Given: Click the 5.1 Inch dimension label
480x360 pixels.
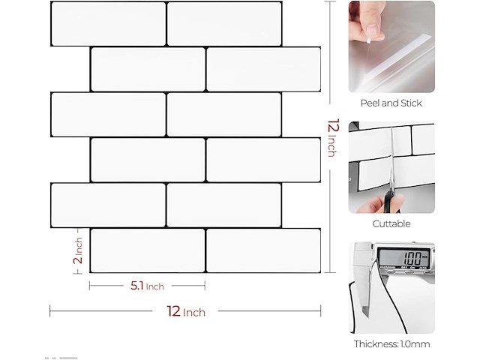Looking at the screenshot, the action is (147, 286).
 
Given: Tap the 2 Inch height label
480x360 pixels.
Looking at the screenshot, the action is (78, 250).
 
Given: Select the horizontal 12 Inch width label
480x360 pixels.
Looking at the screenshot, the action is (186, 312).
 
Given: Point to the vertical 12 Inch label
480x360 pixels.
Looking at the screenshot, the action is (333, 137).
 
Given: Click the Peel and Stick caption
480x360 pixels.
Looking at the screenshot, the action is (391, 103).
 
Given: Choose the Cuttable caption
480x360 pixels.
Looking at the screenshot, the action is (391, 223).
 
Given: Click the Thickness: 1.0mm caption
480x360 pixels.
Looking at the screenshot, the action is (391, 344).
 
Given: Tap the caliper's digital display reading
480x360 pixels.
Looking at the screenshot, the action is (412, 258).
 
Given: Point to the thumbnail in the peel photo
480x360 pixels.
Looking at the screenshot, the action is (372, 30).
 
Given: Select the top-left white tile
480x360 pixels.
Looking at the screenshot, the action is (108, 24).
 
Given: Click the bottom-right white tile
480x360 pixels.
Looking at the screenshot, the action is (263, 250).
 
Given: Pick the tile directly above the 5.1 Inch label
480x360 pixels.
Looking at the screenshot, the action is (148, 250).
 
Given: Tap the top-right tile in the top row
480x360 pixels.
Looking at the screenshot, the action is (224, 24).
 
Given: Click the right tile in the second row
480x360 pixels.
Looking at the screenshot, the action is (263, 69).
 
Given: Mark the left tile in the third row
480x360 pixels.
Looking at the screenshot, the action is (108, 115).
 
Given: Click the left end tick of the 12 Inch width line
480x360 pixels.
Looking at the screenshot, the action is (50, 310).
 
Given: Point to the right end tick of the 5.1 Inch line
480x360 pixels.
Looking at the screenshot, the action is (205, 286).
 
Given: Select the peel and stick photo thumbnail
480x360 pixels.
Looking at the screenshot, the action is (391, 46).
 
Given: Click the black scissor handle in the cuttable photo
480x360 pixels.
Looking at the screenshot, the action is (391, 202).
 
